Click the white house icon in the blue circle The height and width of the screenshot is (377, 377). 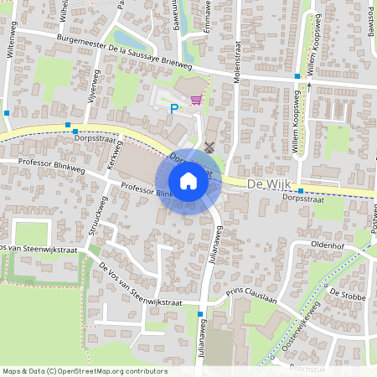coord(188,181)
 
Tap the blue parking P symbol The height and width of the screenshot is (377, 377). coord(174,108)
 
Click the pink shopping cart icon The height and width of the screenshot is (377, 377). coord(196,100)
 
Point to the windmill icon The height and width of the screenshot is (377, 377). coord(209,147)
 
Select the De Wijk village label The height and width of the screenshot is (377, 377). coord(267,183)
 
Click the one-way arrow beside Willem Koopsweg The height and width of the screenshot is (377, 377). coord(308,85)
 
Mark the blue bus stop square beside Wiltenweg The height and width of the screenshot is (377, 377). coord(7,112)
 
